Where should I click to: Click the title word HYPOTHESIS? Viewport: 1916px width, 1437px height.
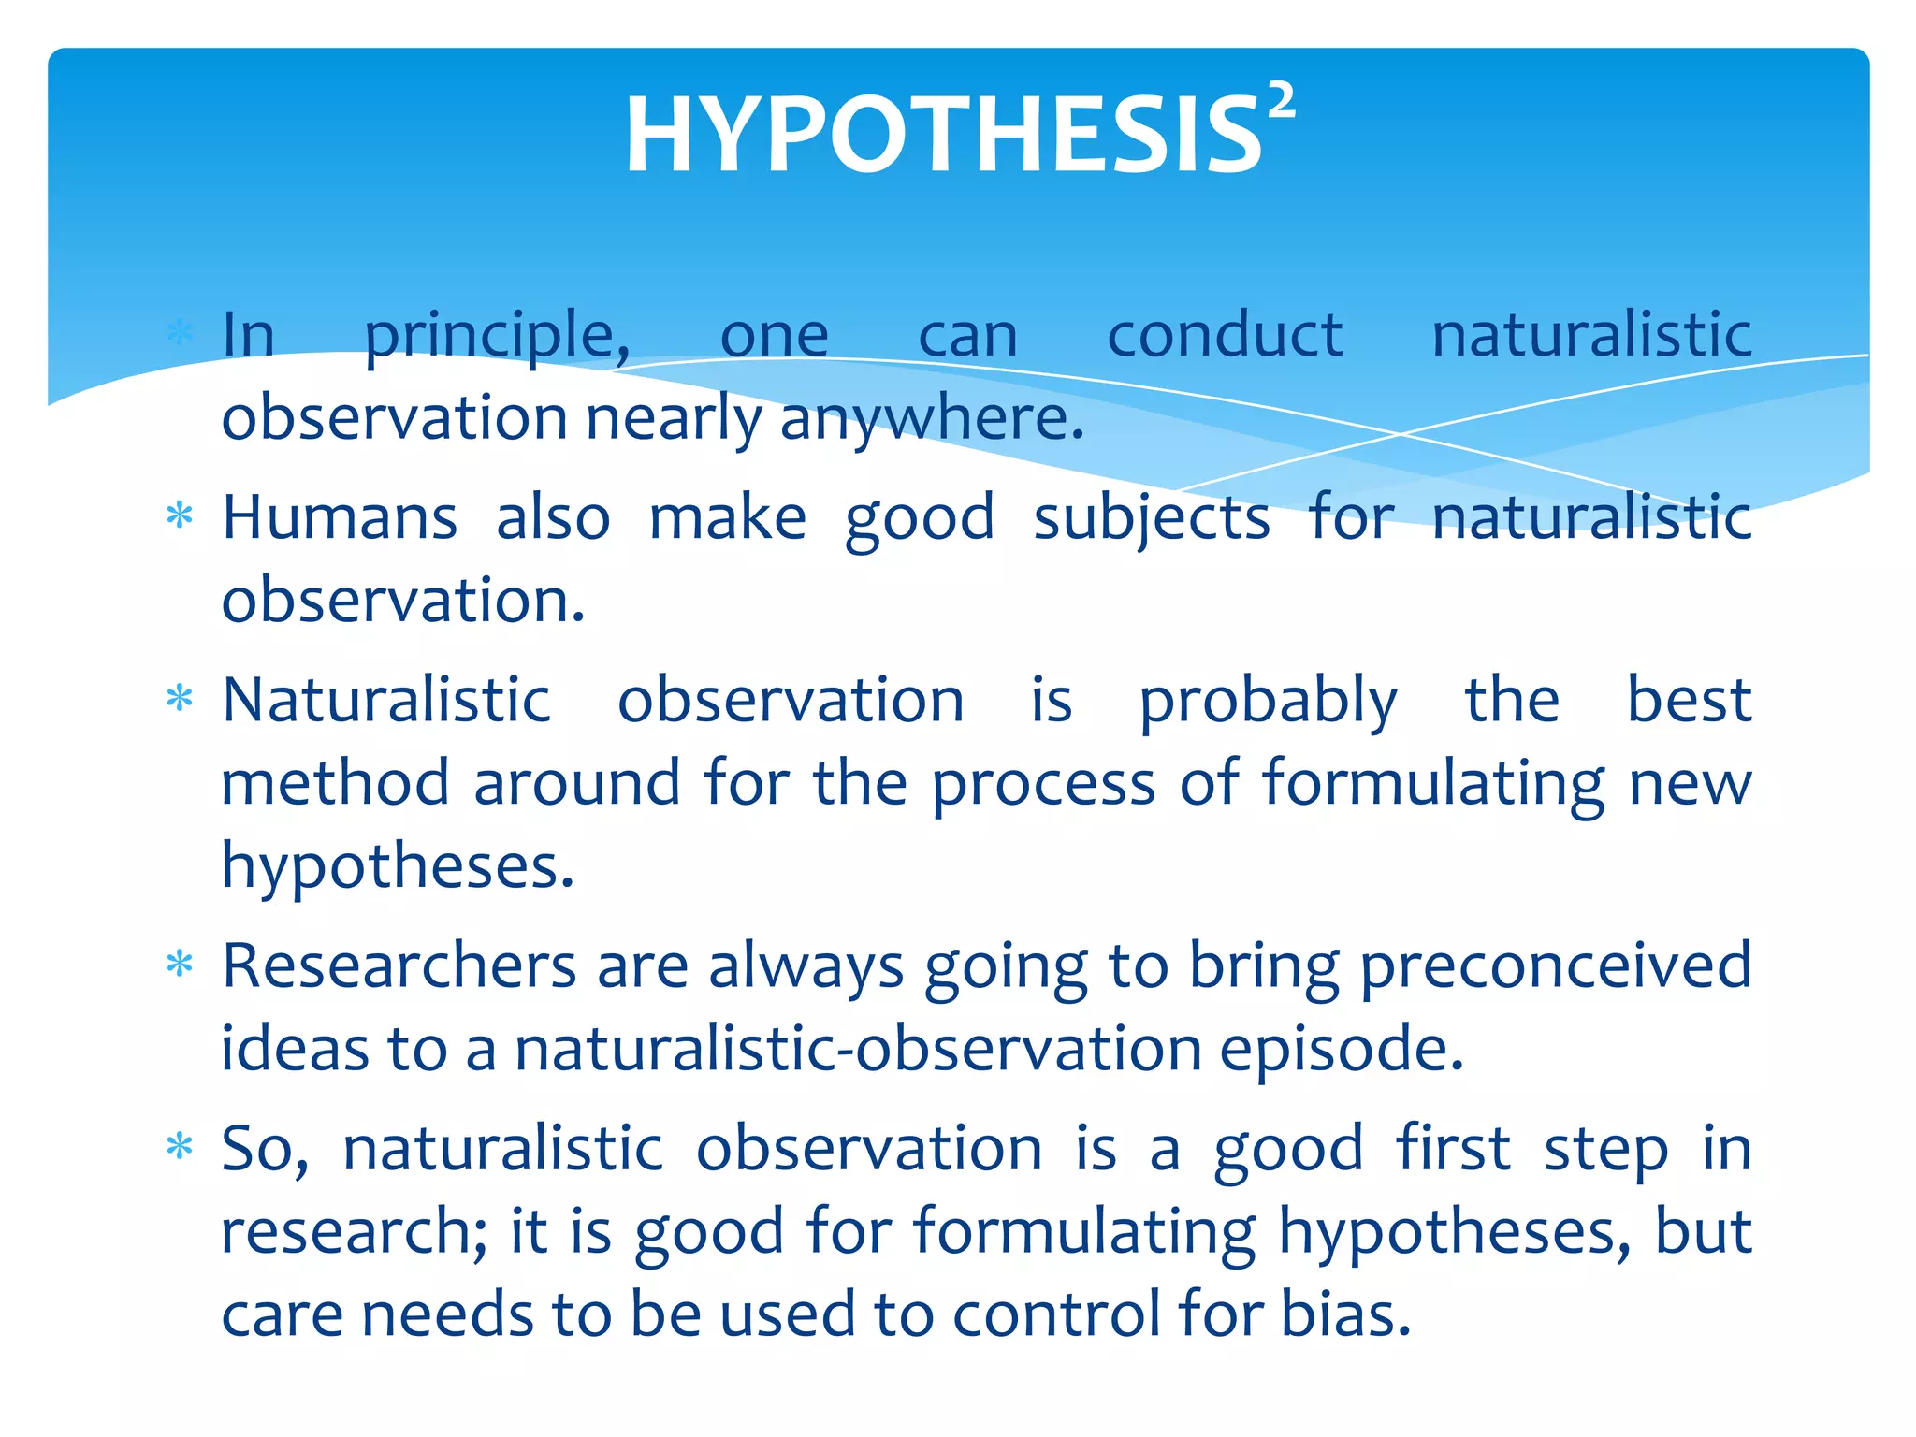click(x=943, y=137)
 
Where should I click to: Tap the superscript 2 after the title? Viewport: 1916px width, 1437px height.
click(x=1282, y=101)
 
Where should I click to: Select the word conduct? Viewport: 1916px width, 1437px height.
click(x=1225, y=335)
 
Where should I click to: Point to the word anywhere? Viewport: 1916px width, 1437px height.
click(x=931, y=419)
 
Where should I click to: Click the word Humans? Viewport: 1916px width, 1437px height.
click(x=340, y=517)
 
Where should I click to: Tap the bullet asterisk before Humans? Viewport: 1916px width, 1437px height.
click(x=179, y=515)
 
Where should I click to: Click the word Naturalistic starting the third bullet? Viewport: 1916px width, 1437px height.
click(x=386, y=700)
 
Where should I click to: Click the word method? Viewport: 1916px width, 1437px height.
click(x=335, y=783)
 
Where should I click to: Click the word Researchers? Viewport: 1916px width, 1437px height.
click(x=399, y=965)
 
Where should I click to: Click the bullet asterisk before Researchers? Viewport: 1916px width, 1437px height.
click(x=179, y=964)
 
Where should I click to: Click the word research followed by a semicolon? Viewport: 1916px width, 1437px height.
click(x=354, y=1231)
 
